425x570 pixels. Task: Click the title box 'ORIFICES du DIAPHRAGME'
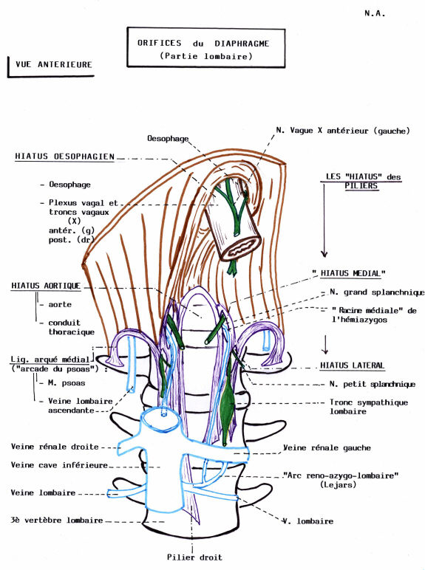(x=203, y=49)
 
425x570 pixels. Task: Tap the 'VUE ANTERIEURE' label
(x=55, y=65)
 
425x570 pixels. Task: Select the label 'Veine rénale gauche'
(x=327, y=447)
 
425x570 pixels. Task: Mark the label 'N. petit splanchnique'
(x=372, y=384)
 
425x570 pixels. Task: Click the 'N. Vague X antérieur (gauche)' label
(x=342, y=131)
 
